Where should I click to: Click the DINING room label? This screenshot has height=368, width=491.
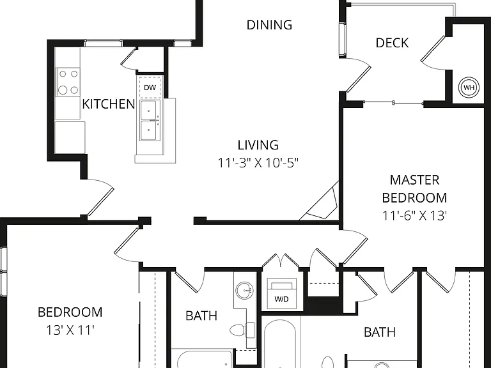269,25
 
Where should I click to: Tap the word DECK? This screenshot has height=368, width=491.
392,43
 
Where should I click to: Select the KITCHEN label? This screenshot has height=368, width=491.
108,104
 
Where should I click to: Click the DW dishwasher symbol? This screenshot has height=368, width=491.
150,88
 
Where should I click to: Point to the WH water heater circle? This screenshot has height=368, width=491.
469,88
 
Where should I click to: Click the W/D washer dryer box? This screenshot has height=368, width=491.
281,293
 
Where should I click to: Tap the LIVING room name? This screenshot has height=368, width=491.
258,145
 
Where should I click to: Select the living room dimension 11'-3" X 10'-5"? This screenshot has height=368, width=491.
258,163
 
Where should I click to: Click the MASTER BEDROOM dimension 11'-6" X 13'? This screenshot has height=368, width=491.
414,215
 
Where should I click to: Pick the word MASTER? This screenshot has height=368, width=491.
414,180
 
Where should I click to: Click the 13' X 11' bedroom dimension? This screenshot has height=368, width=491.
70,330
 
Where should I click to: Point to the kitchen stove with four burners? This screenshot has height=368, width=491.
68,82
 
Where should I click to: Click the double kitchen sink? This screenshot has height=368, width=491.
150,121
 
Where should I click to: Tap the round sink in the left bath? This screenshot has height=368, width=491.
244,290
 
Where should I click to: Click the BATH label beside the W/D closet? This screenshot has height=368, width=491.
201,316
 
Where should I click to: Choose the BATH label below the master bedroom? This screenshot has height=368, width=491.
380,332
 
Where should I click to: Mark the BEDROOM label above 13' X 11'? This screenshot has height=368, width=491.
70,312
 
